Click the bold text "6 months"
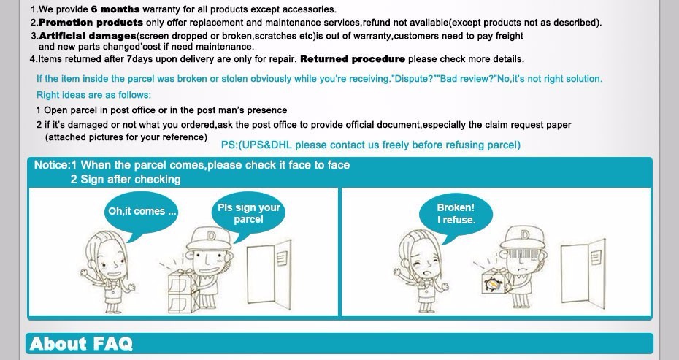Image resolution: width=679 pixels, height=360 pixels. tap(115, 9)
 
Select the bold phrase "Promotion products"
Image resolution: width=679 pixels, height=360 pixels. tap(91, 23)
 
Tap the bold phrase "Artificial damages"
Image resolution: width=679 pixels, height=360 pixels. tap(88, 36)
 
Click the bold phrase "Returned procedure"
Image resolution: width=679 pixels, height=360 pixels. tap(353, 59)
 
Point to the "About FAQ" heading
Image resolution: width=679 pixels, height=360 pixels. tap(81, 343)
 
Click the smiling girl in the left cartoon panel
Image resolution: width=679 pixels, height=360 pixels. tap(108, 271)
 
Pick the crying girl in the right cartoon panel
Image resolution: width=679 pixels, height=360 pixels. tap(422, 272)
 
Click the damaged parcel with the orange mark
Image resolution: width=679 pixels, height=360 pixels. tap(494, 282)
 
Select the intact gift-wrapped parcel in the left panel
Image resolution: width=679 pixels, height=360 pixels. tap(183, 291)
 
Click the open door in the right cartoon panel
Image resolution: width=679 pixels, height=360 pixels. tap(583, 273)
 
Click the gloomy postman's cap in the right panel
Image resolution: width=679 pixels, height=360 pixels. tap(522, 237)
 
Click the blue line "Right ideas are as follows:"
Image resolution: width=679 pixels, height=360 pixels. tap(93, 95)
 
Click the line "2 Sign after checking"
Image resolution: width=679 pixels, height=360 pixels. tap(126, 180)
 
